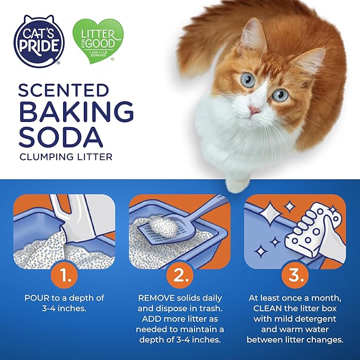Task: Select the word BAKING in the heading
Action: coord(76,112)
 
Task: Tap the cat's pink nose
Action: coord(255,110)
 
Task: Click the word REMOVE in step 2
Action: coord(154,297)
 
